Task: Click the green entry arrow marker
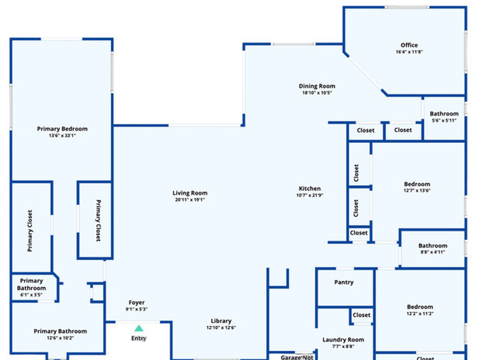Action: pyautogui.click(x=139, y=329)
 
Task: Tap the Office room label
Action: pyautogui.click(x=409, y=45)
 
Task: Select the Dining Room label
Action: pyautogui.click(x=317, y=86)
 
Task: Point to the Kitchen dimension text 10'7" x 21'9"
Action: pyautogui.click(x=310, y=195)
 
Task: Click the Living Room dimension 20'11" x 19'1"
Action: pyautogui.click(x=190, y=200)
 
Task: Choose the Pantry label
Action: pyautogui.click(x=344, y=283)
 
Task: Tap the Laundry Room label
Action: pyautogui.click(x=343, y=340)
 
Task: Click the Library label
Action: pyautogui.click(x=221, y=321)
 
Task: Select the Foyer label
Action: pyautogui.click(x=136, y=303)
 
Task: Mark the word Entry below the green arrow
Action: pyautogui.click(x=139, y=338)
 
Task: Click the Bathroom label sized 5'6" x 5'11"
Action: pyautogui.click(x=444, y=114)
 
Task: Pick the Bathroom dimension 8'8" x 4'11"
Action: pyautogui.click(x=433, y=252)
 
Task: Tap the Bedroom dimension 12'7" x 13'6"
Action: pyautogui.click(x=417, y=191)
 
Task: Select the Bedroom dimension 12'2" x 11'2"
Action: pyautogui.click(x=420, y=314)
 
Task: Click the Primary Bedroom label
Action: pyautogui.click(x=62, y=129)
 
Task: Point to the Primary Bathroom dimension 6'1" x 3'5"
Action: pyautogui.click(x=31, y=295)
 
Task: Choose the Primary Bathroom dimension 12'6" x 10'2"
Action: pyautogui.click(x=60, y=338)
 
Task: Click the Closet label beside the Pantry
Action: pyautogui.click(x=361, y=315)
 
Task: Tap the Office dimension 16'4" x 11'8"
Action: pyautogui.click(x=409, y=52)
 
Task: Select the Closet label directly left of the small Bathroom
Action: pyautogui.click(x=403, y=130)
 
